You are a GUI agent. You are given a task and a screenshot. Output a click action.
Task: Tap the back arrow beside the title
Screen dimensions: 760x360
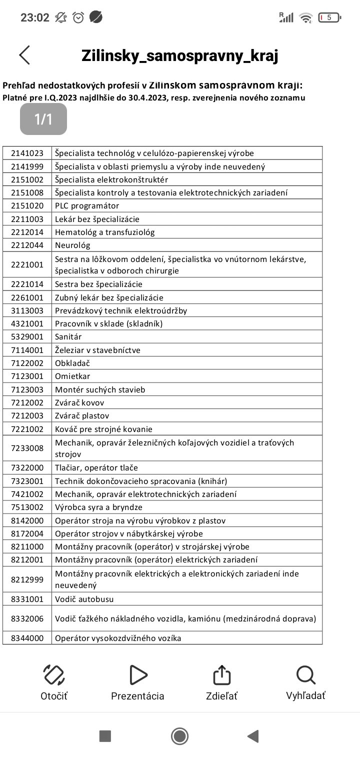[24, 55]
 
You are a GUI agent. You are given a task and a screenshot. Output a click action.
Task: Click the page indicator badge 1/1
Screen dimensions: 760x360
[43, 119]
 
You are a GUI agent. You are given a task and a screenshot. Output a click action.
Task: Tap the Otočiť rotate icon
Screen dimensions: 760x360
[54, 675]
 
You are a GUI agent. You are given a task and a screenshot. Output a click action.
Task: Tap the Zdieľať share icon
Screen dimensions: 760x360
[221, 675]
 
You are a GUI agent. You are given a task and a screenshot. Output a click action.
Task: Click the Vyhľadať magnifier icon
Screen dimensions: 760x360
[305, 675]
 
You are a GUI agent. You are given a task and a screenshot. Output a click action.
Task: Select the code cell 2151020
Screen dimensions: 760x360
[27, 205]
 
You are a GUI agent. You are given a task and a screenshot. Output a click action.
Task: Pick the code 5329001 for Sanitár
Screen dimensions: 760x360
[27, 336]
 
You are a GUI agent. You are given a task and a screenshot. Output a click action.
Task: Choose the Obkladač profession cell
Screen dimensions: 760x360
[72, 363]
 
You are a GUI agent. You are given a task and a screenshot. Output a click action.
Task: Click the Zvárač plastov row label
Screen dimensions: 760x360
[82, 415]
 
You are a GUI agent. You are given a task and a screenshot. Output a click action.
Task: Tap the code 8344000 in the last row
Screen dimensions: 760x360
[27, 638]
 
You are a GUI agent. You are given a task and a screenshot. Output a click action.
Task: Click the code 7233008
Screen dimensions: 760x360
[27, 448]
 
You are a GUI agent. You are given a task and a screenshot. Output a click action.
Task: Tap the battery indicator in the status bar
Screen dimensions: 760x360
[329, 17]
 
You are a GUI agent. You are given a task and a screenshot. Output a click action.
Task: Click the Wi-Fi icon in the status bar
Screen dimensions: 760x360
[305, 17]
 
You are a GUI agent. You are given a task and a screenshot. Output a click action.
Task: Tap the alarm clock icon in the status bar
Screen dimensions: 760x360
[78, 17]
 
